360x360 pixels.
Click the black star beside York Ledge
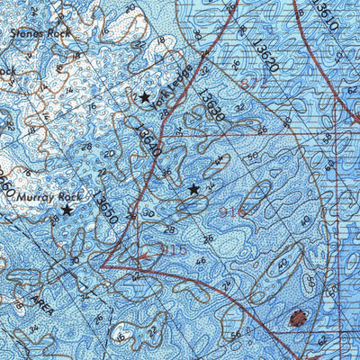point(143,96)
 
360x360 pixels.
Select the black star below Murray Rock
point(66,210)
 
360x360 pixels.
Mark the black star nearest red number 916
point(193,189)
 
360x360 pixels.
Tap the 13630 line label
point(211,107)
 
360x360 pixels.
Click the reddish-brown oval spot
point(297,318)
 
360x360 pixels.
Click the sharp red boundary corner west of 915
point(103,267)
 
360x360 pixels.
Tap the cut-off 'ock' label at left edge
point(7,69)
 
